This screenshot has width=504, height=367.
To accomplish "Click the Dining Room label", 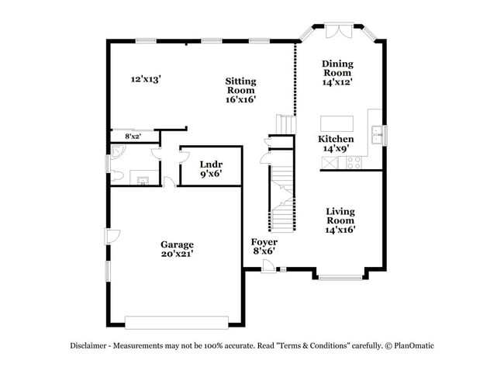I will tap(338, 71).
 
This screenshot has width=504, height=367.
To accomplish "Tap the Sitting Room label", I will tap(241, 89).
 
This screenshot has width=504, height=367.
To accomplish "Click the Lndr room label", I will tap(211, 168).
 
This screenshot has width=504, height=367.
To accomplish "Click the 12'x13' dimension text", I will tap(146, 78).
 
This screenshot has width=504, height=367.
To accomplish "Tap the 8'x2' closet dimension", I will tap(133, 137).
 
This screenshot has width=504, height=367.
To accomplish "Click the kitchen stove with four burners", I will tap(354, 163).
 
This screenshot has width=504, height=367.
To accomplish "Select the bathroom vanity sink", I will tap(142, 181).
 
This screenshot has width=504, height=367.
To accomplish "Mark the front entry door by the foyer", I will tap(268, 266).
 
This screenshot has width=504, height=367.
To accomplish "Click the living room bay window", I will tap(340, 275).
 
